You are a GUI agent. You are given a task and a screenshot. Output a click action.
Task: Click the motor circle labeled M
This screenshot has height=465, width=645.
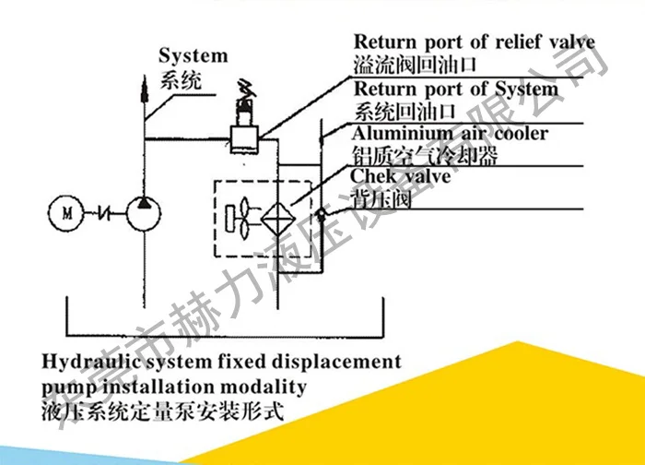(65, 213)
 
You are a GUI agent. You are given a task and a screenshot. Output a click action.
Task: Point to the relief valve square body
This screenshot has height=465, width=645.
(245, 138)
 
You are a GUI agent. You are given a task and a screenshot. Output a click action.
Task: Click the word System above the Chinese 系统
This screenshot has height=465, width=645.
(193, 57)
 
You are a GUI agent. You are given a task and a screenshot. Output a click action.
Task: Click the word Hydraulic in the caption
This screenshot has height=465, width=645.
(86, 361)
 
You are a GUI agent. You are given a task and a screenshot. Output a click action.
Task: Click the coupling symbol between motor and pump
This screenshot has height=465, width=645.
(106, 213)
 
